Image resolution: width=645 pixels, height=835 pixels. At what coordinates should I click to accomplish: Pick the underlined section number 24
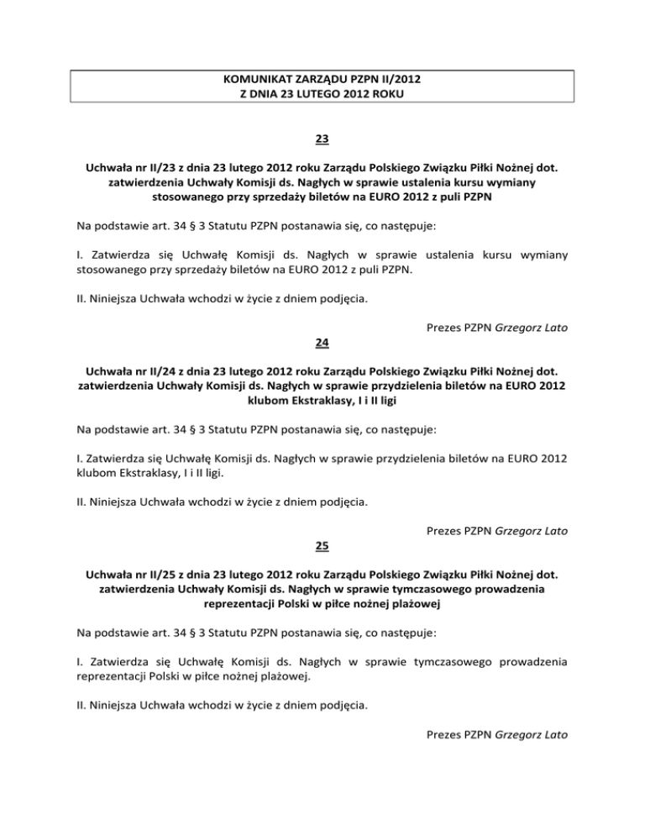[x=322, y=343]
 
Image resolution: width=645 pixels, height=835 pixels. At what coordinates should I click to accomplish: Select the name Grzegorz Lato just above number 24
[x=528, y=328]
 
